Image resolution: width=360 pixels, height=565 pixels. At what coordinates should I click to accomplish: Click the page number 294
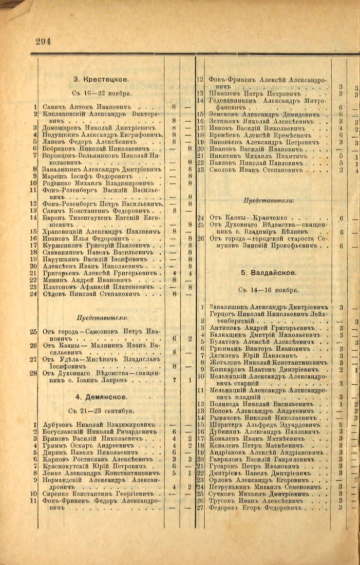pos(43,42)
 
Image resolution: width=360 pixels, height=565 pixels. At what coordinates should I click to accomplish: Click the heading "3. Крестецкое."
pos(101,79)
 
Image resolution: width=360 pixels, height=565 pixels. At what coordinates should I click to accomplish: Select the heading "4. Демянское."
pos(101,397)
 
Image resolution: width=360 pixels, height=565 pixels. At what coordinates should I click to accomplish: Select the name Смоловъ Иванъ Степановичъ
pos(255,169)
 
